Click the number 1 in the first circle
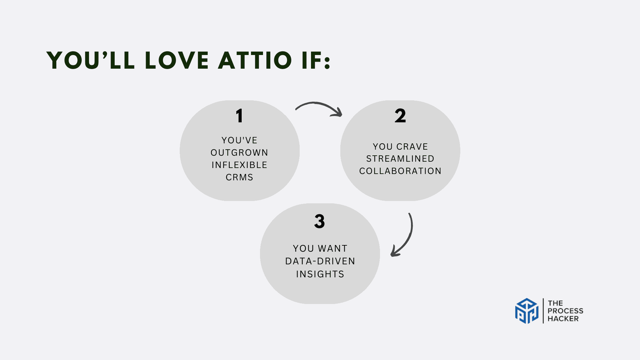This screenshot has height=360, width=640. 239,116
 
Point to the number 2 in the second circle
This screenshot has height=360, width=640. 400,116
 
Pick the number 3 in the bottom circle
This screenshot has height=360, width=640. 319,221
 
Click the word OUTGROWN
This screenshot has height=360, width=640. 239,153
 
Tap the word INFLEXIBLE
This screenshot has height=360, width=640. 239,165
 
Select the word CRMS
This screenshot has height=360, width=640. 239,177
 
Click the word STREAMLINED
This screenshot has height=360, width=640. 400,159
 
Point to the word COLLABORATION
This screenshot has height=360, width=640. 400,171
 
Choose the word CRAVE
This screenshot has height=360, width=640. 412,147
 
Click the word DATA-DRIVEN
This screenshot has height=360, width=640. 320,261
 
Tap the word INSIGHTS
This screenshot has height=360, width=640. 320,274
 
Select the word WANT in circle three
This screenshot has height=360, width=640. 332,249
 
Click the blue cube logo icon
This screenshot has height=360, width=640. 527,311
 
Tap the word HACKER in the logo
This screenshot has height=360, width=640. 563,319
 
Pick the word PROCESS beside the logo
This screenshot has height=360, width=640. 565,311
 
